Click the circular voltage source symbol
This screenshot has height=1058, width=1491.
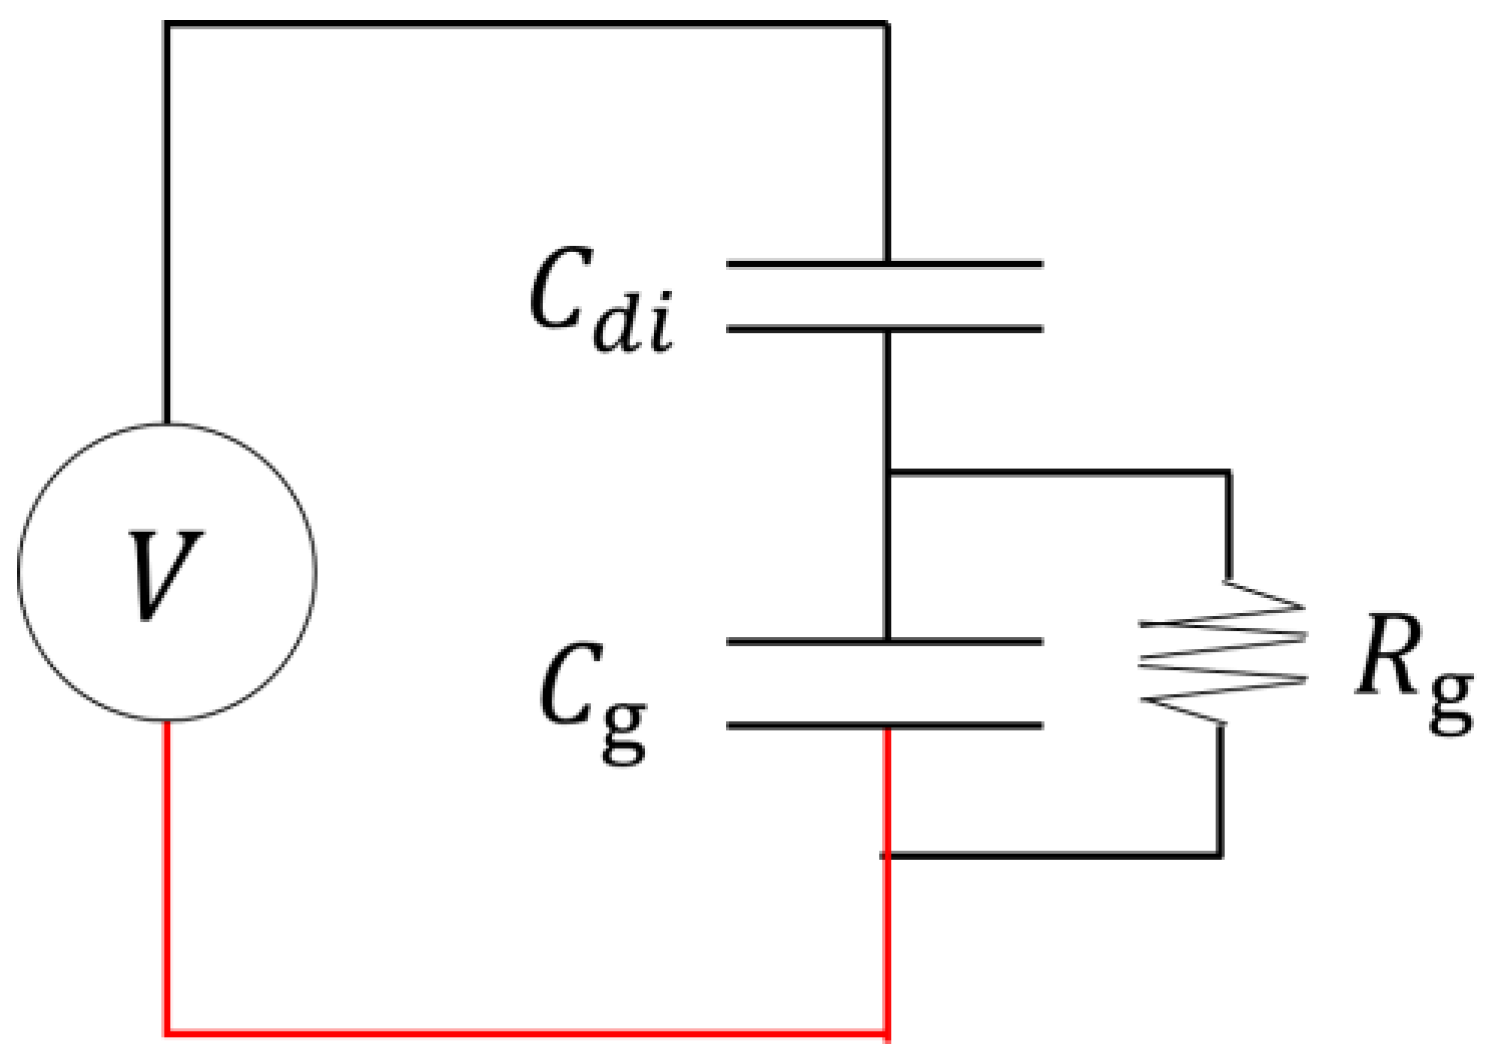point(167,571)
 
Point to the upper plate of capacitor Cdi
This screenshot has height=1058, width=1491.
point(885,264)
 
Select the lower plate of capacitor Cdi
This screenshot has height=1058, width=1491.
point(885,328)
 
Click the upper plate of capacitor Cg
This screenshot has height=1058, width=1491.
point(885,641)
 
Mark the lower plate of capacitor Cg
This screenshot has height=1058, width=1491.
point(885,725)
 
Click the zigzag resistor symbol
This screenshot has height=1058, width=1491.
point(1223,651)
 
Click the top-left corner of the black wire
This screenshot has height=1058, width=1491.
point(167,24)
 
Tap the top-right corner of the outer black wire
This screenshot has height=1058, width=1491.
point(886,24)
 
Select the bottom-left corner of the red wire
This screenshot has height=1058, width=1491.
point(167,1030)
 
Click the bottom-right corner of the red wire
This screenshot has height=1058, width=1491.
point(886,1030)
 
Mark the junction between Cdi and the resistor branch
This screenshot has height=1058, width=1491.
point(887,472)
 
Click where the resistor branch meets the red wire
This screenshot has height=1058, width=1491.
point(887,855)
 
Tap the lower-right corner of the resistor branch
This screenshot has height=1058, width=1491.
point(1219,854)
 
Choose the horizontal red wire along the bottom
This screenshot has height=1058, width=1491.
point(525,1030)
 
